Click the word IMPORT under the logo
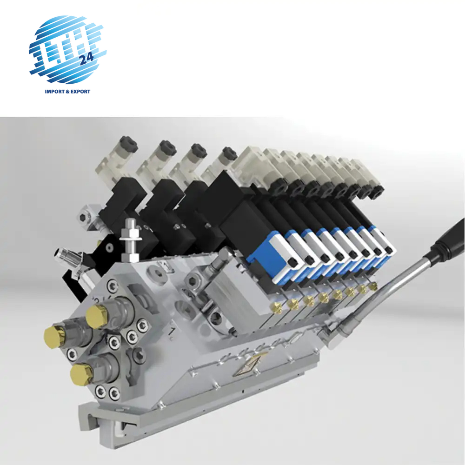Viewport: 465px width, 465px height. pos(54,91)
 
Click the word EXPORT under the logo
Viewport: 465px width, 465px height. pos(80,91)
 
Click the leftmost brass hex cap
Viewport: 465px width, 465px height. pos(54,337)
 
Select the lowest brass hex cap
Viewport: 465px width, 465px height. pos(80,374)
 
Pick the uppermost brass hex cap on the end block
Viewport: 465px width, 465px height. pos(96,317)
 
